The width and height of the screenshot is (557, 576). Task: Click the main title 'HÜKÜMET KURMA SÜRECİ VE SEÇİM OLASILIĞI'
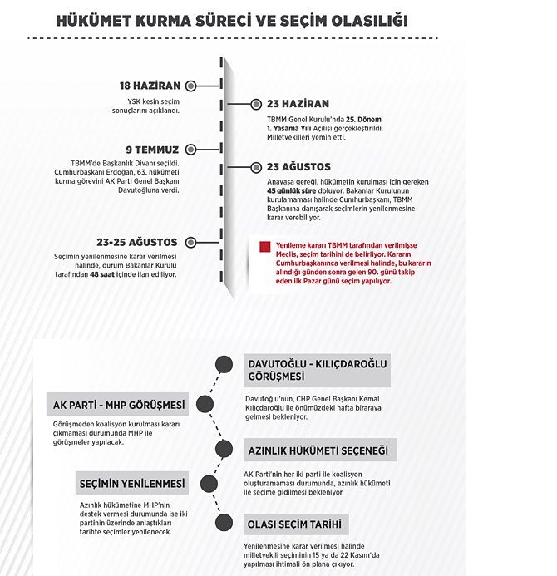(231, 19)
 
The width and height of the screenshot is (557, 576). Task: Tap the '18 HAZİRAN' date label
(150, 86)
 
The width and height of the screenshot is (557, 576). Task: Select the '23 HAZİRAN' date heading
(298, 105)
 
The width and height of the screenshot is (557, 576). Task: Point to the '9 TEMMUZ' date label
(154, 150)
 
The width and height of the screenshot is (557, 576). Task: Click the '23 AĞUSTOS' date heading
(298, 167)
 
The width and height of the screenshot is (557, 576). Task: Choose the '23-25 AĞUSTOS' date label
(136, 242)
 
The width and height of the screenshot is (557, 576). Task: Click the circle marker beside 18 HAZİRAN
(191, 86)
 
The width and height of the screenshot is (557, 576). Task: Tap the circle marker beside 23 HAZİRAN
(255, 105)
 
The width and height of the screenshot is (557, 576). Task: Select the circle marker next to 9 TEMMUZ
(191, 150)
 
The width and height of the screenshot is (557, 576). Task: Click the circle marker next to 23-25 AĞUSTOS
(191, 242)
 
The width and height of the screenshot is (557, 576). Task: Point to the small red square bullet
(264, 247)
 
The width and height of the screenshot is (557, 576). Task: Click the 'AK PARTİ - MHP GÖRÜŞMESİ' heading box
(117, 406)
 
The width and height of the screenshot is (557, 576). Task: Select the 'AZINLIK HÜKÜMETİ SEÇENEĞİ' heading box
(318, 450)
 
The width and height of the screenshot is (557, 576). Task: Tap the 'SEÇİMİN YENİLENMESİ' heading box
(133, 484)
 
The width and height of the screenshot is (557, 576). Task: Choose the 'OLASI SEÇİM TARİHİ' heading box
(295, 525)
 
